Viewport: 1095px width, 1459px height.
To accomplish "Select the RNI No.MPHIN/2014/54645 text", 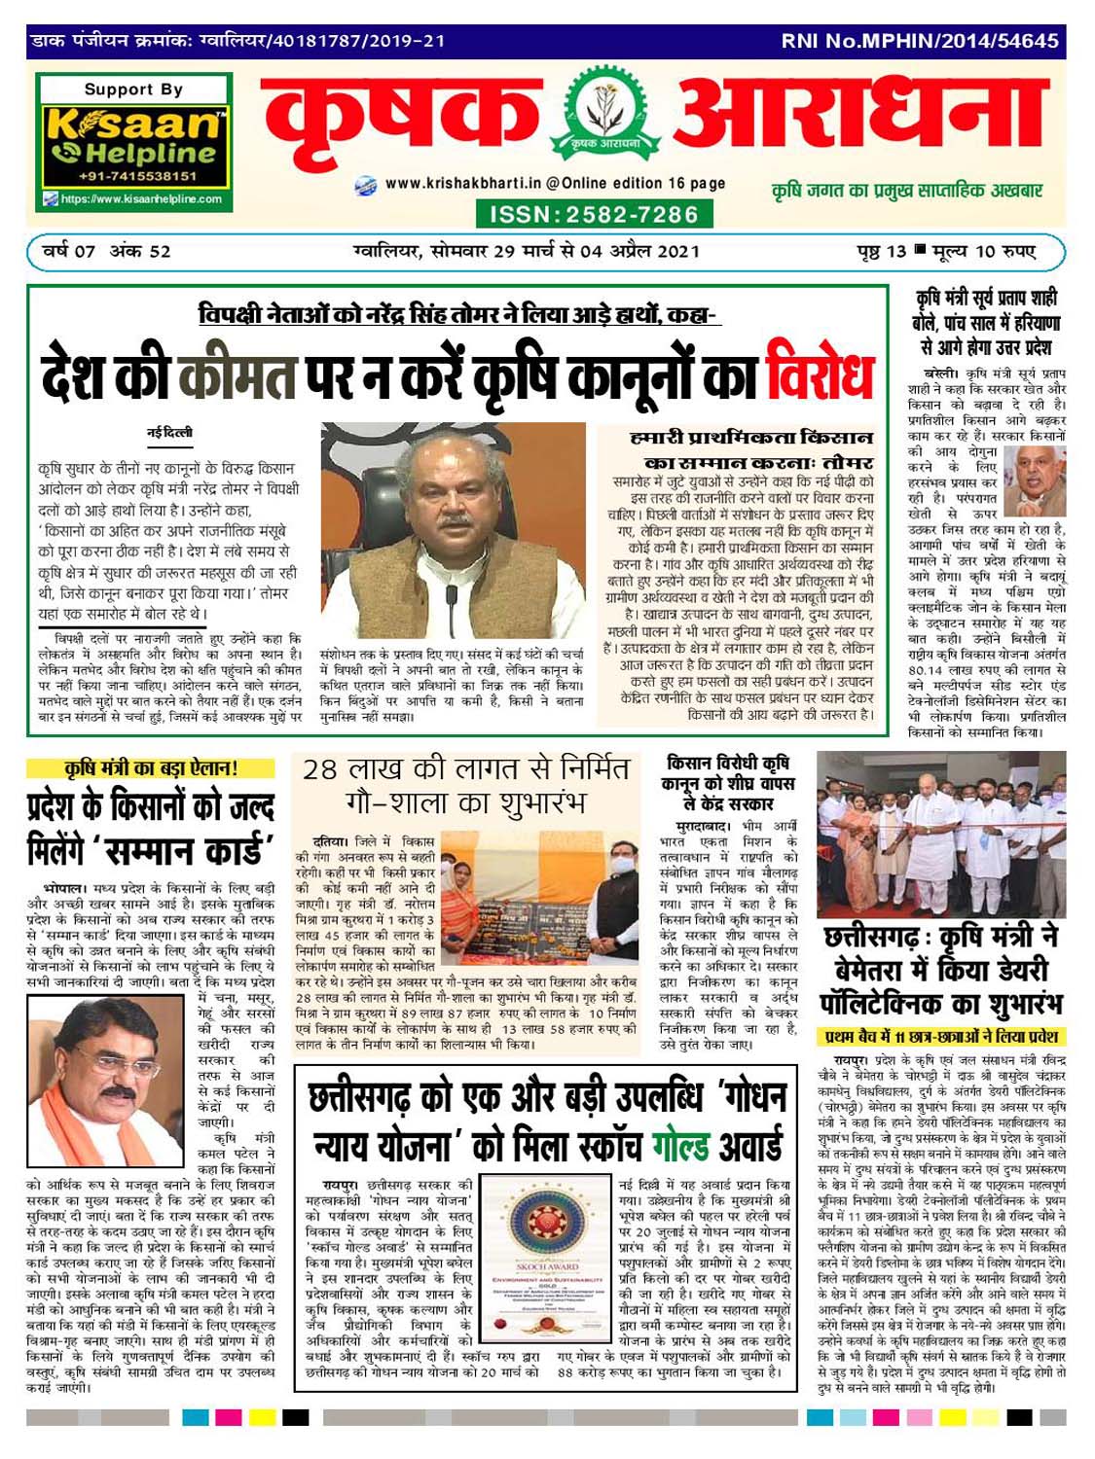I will coord(920,42).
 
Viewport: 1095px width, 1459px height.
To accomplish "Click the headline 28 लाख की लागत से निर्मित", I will coord(465,769).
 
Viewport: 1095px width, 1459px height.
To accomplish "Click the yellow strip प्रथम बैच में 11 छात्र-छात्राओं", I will coord(940,1037).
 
